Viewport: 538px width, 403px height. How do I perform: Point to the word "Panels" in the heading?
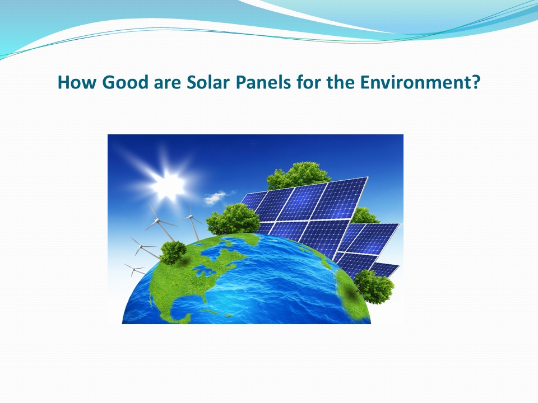click(263, 83)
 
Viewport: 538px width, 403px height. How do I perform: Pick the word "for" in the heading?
click(308, 83)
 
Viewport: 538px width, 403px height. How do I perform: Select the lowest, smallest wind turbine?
click(134, 269)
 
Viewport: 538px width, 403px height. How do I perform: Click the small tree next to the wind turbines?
click(173, 252)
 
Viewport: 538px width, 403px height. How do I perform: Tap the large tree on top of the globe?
click(233, 218)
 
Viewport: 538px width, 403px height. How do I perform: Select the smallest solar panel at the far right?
click(386, 269)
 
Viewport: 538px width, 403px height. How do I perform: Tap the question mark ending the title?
click(475, 83)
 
